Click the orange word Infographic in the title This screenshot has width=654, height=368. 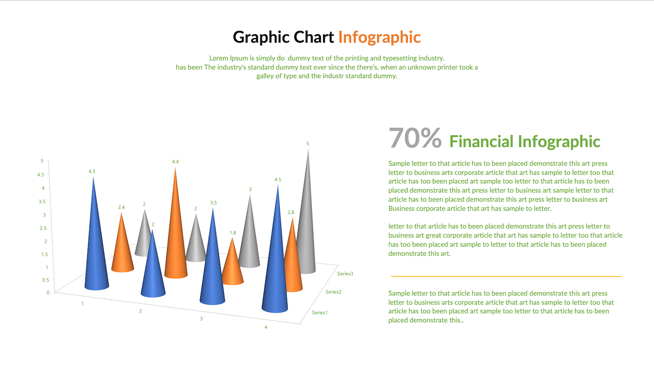[379, 37]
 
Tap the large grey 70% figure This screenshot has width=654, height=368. [415, 138]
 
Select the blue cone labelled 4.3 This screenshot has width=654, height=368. [96, 240]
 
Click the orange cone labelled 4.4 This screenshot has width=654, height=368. [175, 228]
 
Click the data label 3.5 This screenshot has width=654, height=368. [213, 203]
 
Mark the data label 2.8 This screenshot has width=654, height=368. [291, 212]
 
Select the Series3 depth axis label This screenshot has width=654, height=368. [345, 274]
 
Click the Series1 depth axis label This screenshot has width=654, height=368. [320, 313]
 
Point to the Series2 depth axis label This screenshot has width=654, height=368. [333, 292]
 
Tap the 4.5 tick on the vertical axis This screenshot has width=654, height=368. [40, 175]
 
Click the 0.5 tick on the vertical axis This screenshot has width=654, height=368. [45, 280]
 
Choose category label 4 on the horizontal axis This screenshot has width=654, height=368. [266, 328]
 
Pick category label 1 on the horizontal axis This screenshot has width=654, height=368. [83, 304]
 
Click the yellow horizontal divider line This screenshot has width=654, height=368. [506, 276]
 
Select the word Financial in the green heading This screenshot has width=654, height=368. [481, 141]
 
